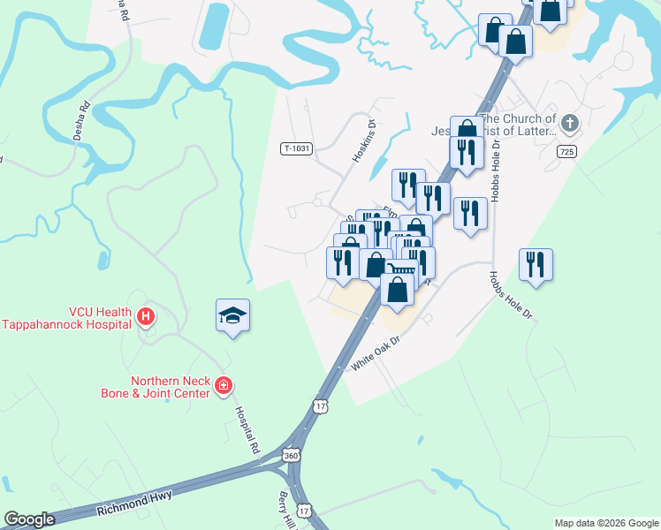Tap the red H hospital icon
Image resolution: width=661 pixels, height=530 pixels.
coord(147,315)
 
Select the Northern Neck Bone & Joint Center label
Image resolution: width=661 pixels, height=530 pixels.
coord(171,387)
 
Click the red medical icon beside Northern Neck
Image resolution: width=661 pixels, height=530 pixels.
coord(224,384)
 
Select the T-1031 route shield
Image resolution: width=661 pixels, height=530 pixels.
coord(296,148)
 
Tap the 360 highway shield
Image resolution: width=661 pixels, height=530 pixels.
coord(292,455)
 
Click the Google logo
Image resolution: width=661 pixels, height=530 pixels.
coord(29,519)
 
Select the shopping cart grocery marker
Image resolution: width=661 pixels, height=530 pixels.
coord(403,267)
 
